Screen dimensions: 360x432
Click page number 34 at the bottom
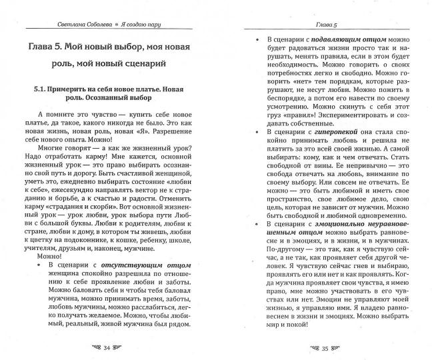coord(108,347)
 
